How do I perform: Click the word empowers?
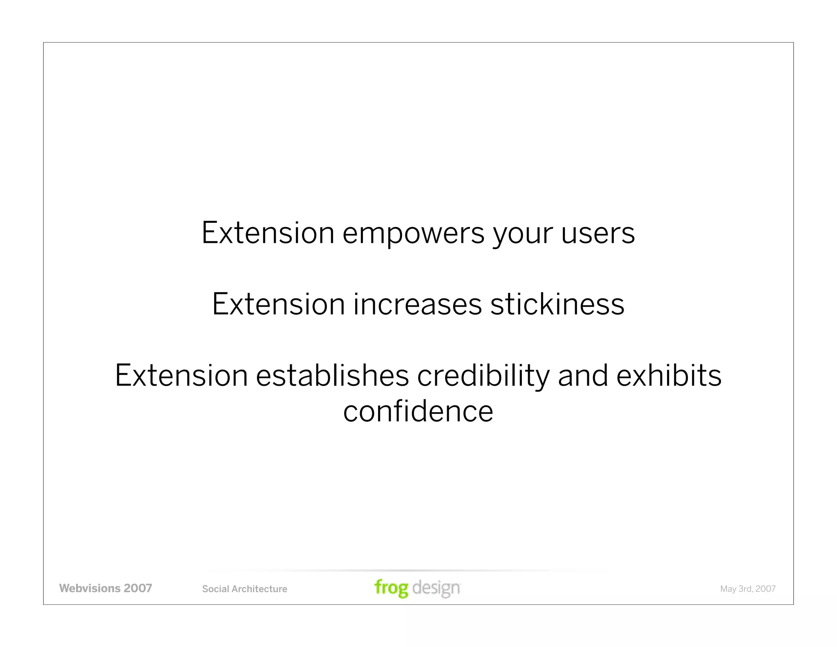(x=413, y=234)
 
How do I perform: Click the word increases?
(x=417, y=305)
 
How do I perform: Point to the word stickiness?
(x=557, y=305)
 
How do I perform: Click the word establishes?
(x=332, y=376)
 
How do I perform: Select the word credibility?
(x=483, y=376)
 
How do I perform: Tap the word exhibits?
(x=669, y=376)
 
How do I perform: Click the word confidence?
(x=418, y=411)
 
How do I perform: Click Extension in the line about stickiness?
(x=278, y=305)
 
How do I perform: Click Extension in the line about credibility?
(x=181, y=376)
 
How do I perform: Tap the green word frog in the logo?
(x=391, y=588)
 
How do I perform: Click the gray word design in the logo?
(x=436, y=588)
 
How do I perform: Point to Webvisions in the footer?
(x=90, y=588)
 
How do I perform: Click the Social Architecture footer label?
(x=244, y=589)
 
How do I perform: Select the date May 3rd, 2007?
(x=747, y=589)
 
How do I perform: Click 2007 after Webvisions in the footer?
(x=138, y=588)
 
